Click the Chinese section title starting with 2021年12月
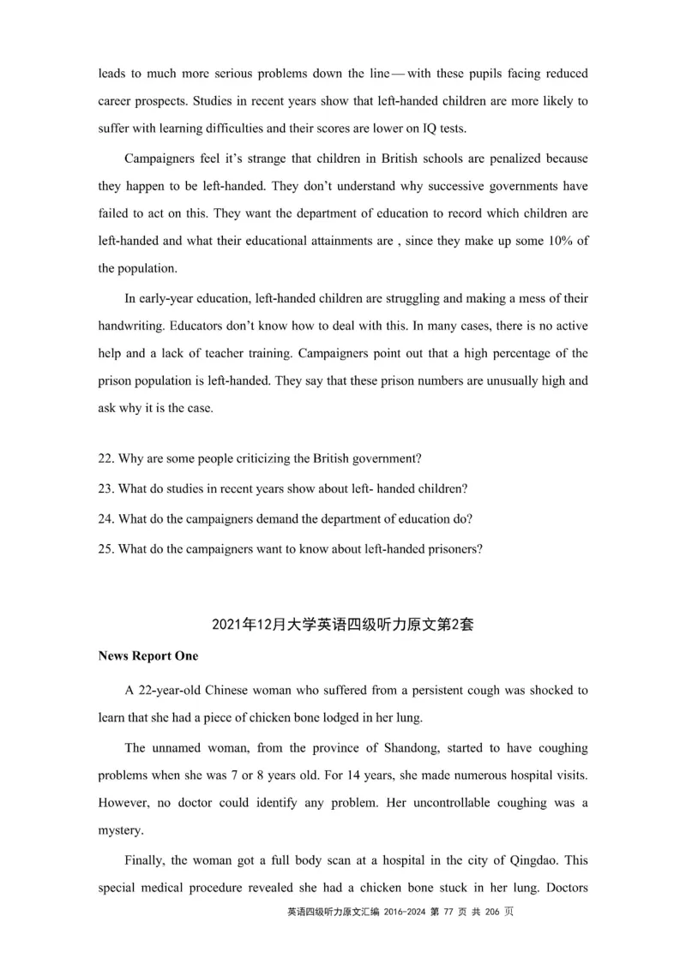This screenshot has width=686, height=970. [342, 625]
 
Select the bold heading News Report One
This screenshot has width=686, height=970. [147, 656]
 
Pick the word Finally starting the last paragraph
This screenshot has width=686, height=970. [147, 859]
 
